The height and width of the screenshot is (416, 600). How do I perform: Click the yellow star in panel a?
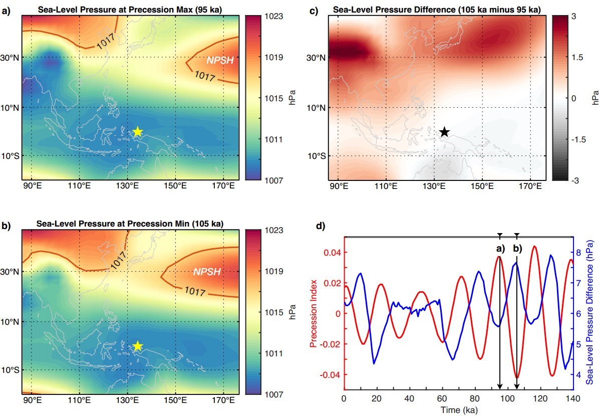coord(138,131)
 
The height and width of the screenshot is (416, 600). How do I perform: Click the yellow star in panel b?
coord(138,346)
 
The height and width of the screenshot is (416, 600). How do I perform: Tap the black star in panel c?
coord(444,132)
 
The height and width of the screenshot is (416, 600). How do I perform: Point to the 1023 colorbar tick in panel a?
coord(273,17)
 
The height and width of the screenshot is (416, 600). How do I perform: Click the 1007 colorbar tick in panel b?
coord(273,394)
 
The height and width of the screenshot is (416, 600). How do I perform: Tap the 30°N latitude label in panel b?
coord(10,272)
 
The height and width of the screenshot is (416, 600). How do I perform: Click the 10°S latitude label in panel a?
coord(10,156)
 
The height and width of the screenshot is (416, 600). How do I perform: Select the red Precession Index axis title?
coord(314,314)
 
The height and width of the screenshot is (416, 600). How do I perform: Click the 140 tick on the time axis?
coord(572,398)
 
